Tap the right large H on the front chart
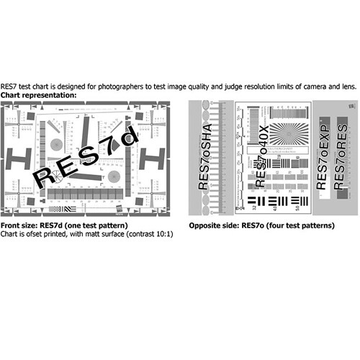[153, 156]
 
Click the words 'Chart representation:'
[38, 95]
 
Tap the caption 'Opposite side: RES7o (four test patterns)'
[261, 225]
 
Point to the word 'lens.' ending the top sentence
[348, 86]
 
